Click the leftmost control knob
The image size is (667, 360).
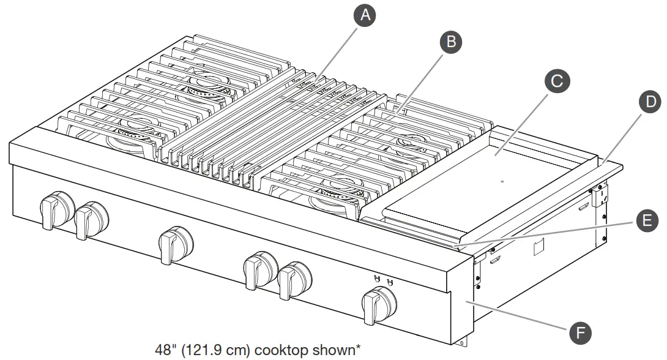[x=54, y=208]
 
